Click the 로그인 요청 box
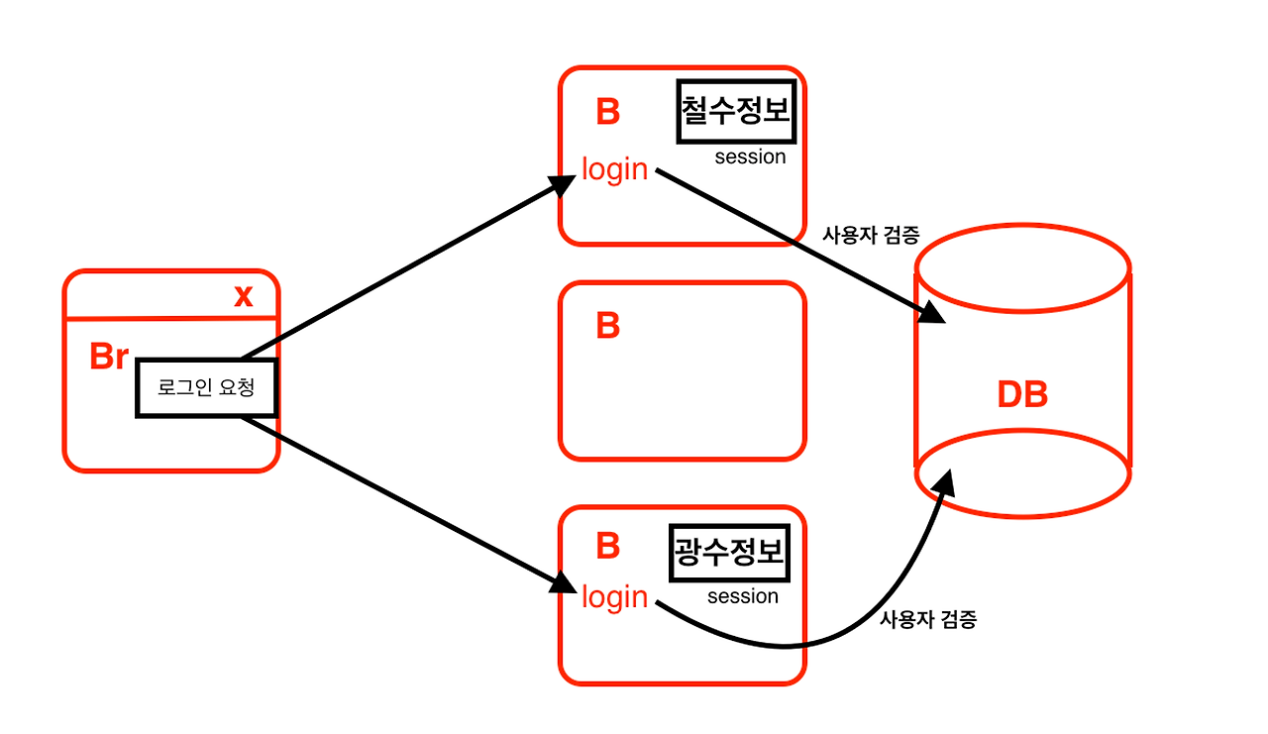coord(206,387)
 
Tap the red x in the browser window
coord(243,295)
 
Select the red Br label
coord(109,357)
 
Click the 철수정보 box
coord(736,112)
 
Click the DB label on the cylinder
coord(1022,394)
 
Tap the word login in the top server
coord(614,169)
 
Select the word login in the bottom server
coord(614,597)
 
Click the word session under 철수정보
coord(750,157)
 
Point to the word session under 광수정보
coord(743,596)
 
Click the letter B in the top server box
coord(607,112)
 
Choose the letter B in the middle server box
coord(607,325)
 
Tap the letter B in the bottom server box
coord(607,546)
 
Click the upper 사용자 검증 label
coord(872,236)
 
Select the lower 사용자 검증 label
coord(928,620)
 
